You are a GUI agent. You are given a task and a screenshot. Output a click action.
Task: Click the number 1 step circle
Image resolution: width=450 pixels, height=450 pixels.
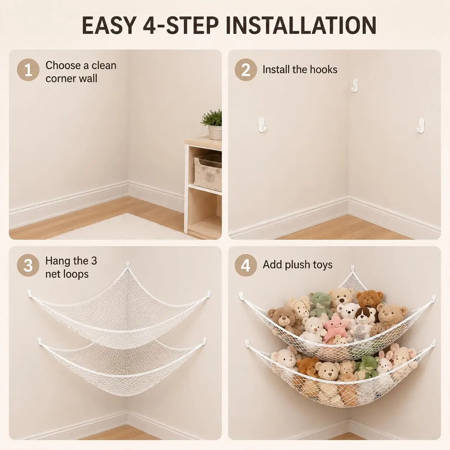pyautogui.click(x=28, y=70)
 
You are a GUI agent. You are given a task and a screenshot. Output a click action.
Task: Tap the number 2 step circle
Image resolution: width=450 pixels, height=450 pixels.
pyautogui.click(x=246, y=70)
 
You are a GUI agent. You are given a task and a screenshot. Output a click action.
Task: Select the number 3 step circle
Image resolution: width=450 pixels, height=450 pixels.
pyautogui.click(x=28, y=266)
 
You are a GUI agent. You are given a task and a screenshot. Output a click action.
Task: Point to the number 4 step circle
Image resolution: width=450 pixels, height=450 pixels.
pyautogui.click(x=246, y=266)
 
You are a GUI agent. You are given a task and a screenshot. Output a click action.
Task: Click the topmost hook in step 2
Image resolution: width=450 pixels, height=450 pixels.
pyautogui.click(x=354, y=85)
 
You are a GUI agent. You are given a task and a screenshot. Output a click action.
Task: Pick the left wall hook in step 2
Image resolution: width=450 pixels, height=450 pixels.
pyautogui.click(x=262, y=125)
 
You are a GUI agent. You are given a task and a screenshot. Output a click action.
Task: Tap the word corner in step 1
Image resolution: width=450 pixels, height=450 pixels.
pyautogui.click(x=60, y=79)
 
